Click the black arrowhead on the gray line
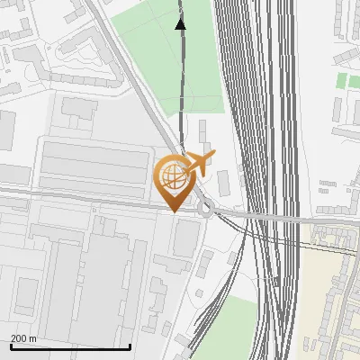pyautogui.click(x=181, y=23)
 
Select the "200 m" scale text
pyautogui.click(x=24, y=337)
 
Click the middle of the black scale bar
pyautogui.click(x=70, y=346)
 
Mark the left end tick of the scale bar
pyautogui.click(x=11, y=345)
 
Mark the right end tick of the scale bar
pyautogui.click(x=130, y=345)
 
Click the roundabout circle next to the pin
pyautogui.click(x=207, y=210)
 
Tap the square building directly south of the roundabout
pyautogui.click(x=186, y=237)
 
